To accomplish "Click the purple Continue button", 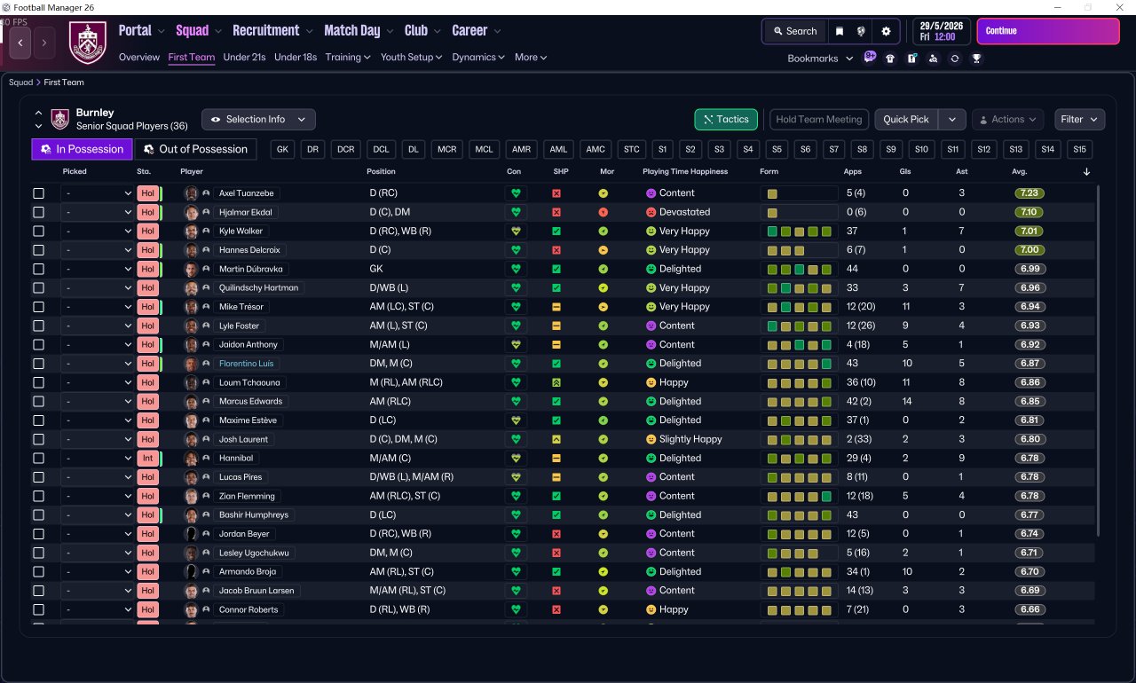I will click(x=1047, y=31).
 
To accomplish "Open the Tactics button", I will click(x=725, y=119).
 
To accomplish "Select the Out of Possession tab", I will click(x=196, y=149).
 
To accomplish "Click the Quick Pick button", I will click(x=906, y=119).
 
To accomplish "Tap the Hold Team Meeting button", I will click(x=818, y=119).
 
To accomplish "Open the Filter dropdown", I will click(x=1078, y=119).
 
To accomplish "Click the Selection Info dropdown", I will click(x=258, y=119).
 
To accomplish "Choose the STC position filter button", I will click(x=631, y=149).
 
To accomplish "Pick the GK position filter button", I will click(x=283, y=149).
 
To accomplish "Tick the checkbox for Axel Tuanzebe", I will click(x=38, y=193).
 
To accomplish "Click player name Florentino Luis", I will click(x=248, y=364).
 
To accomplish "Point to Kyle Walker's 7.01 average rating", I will click(x=1029, y=232).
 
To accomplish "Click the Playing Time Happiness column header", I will click(x=684, y=171).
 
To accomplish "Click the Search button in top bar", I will click(x=794, y=31).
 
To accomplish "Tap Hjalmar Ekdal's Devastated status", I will click(x=684, y=212).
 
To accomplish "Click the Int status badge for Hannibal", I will click(x=147, y=459).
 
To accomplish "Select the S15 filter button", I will click(x=1078, y=149).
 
